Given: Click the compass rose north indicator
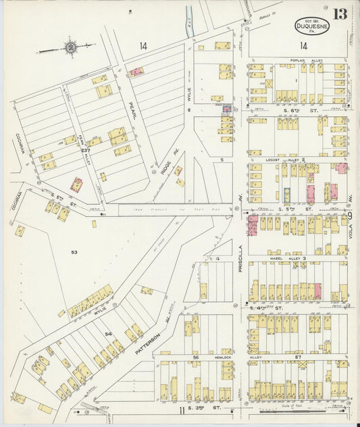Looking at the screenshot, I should point(70,47).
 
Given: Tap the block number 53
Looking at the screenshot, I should point(74,252).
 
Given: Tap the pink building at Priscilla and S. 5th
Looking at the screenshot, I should point(253,225).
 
